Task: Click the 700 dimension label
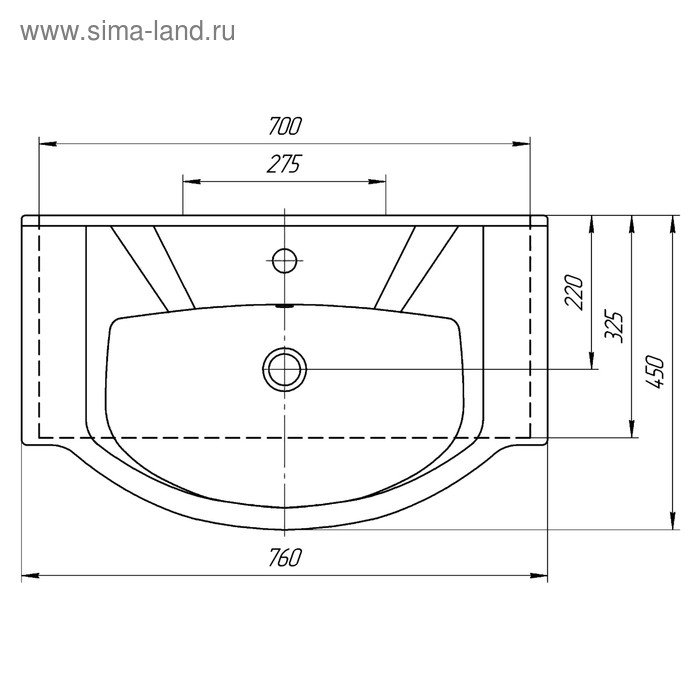click(285, 126)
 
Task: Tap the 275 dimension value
click(285, 164)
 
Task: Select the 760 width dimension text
click(285, 558)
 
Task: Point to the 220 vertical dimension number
click(574, 292)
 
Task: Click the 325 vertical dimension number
click(613, 326)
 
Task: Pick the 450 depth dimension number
click(654, 371)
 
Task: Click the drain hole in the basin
click(285, 369)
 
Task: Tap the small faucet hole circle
click(284, 260)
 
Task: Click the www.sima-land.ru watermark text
click(128, 32)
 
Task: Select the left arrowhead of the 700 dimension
click(48, 144)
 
